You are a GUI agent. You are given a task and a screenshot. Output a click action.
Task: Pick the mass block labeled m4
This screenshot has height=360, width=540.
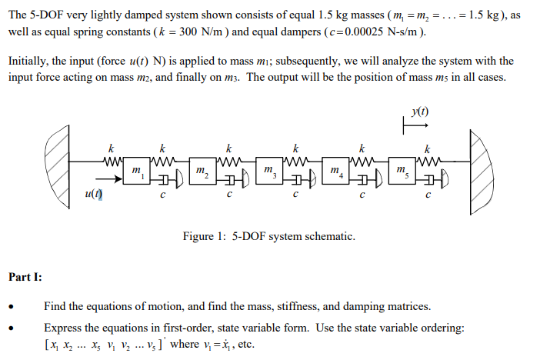[x=335, y=172]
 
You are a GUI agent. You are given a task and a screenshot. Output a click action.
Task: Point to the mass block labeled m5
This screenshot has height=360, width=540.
[x=401, y=172]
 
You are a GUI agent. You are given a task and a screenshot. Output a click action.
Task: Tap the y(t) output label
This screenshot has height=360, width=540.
[x=419, y=112]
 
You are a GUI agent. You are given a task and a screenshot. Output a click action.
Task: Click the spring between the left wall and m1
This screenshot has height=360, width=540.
[x=111, y=162]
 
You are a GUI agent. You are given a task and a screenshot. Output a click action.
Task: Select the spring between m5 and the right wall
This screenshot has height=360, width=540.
[x=429, y=162]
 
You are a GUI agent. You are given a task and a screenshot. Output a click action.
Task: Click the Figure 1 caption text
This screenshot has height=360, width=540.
[x=269, y=236]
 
